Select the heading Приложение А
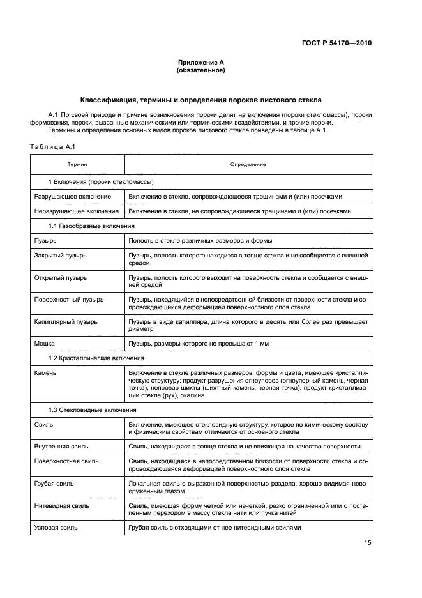tap(200, 62)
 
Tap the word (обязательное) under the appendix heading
tap(200, 70)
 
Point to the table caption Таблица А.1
tap(53, 147)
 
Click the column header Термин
tap(77, 164)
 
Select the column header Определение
tap(248, 164)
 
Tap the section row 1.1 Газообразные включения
tap(92, 226)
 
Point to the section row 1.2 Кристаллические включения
tap(96, 358)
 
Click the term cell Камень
tap(46, 372)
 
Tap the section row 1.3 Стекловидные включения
tap(93, 409)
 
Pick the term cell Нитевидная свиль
tap(62, 505)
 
